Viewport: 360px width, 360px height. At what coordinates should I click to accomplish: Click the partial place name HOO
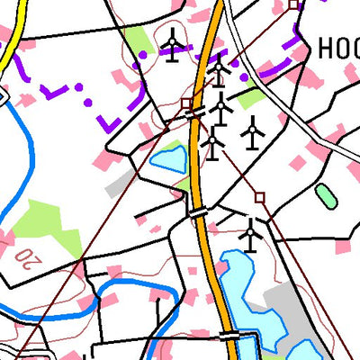338,47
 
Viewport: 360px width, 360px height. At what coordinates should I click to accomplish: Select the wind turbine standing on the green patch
171,42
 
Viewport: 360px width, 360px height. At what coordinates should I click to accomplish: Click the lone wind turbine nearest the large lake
250,235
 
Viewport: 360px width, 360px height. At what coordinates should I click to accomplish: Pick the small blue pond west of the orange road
168,159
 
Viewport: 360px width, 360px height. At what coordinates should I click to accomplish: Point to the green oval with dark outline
325,195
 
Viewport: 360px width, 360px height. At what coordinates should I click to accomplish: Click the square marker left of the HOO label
293,5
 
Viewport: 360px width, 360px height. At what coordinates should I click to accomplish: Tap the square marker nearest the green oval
260,195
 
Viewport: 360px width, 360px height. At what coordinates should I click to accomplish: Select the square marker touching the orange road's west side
185,103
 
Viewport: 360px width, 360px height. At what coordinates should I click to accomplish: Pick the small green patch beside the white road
252,96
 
